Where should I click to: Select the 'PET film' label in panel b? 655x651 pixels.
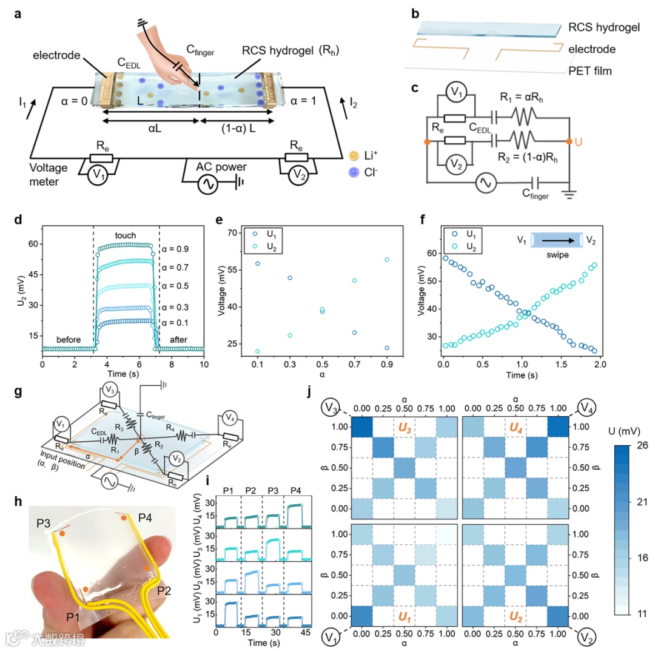(x=590, y=71)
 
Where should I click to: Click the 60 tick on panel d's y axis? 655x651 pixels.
(x=32, y=244)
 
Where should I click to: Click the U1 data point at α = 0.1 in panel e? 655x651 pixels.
(x=257, y=263)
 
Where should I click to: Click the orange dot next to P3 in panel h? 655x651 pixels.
(x=62, y=533)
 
